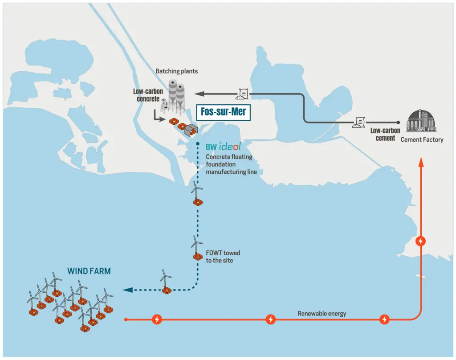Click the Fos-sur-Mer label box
(224, 112)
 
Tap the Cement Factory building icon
(421, 121)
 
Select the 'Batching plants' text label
(176, 71)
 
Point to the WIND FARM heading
(89, 271)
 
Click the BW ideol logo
(223, 146)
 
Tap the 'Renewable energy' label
(322, 313)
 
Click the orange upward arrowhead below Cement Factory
(421, 162)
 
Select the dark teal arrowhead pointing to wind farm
(128, 290)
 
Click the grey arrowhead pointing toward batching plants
(199, 94)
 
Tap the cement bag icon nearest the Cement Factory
(359, 122)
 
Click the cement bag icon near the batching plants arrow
(242, 94)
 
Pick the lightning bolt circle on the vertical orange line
(421, 241)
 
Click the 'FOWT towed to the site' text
(223, 256)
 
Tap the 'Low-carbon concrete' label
(148, 95)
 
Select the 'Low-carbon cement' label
(385, 134)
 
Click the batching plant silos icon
(175, 97)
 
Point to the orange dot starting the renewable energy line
(126, 319)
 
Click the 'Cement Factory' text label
(422, 140)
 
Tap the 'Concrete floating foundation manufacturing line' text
(231, 164)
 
